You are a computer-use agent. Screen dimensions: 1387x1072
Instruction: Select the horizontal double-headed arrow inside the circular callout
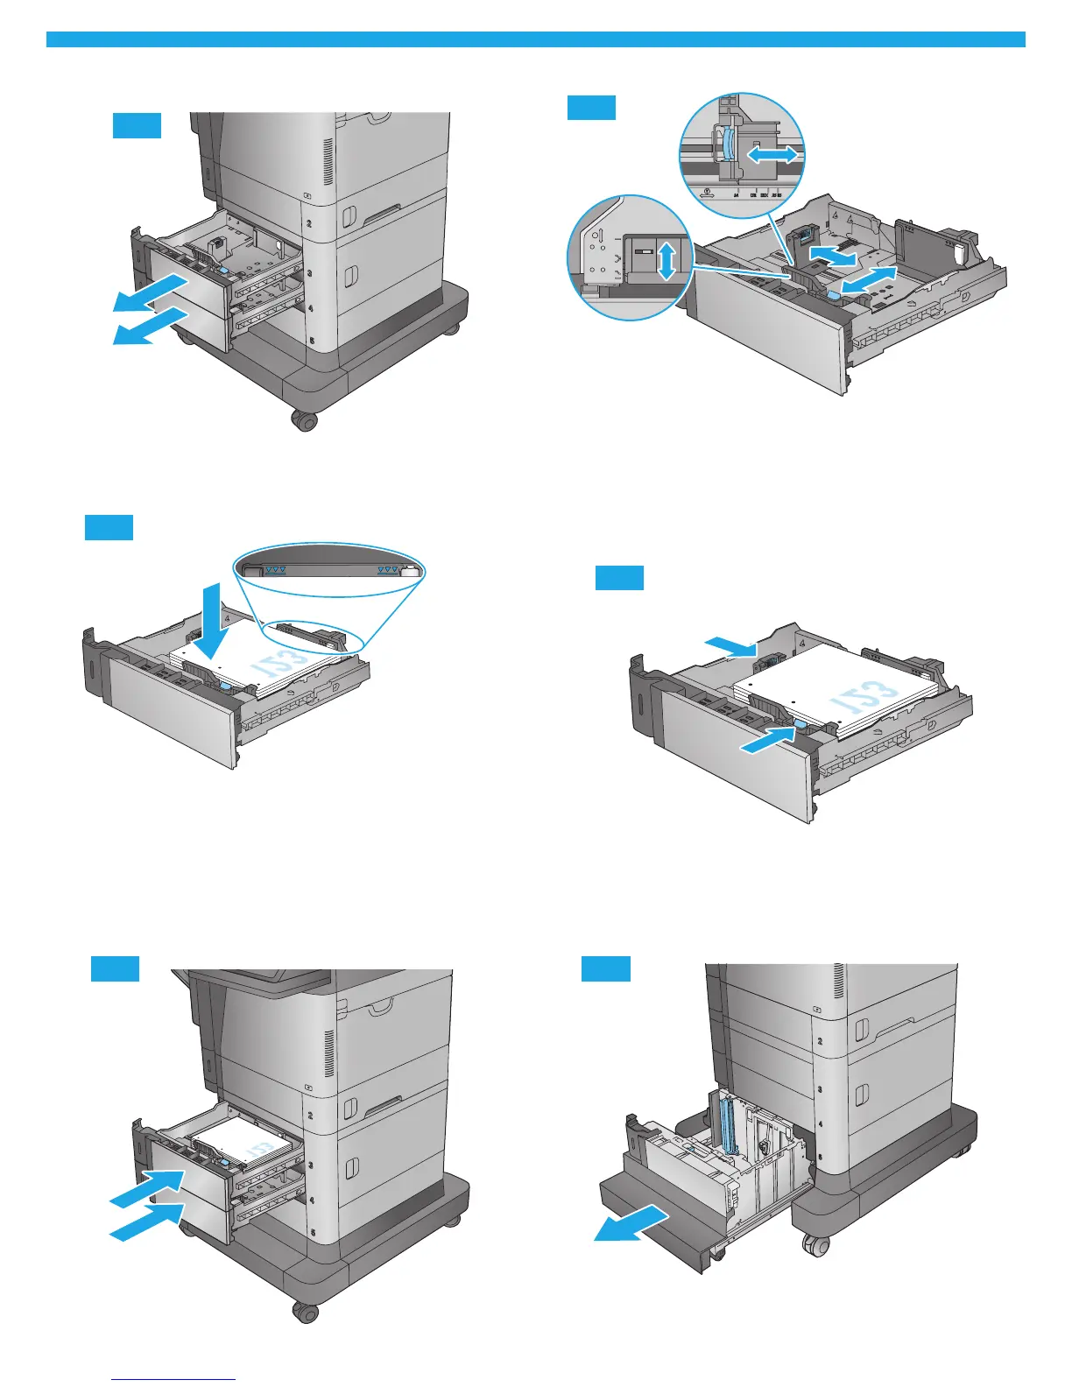[772, 155]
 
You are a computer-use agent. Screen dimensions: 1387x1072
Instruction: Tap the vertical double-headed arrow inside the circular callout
[667, 261]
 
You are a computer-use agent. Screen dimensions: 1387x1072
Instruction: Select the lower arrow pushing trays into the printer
[147, 1221]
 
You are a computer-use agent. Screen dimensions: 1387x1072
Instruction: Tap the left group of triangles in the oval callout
[276, 570]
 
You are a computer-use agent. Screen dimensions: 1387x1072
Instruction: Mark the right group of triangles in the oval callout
[388, 570]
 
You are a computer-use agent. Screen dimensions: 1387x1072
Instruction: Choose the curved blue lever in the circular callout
[727, 143]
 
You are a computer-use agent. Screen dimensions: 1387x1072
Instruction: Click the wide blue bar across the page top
[535, 39]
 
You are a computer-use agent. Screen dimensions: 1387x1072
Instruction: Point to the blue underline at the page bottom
[173, 1379]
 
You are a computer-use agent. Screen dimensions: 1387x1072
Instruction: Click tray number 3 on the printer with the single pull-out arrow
[819, 1090]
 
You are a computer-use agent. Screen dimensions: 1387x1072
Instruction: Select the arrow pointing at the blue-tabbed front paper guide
[767, 742]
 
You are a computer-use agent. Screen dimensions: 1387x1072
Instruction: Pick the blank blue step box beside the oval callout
[109, 528]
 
